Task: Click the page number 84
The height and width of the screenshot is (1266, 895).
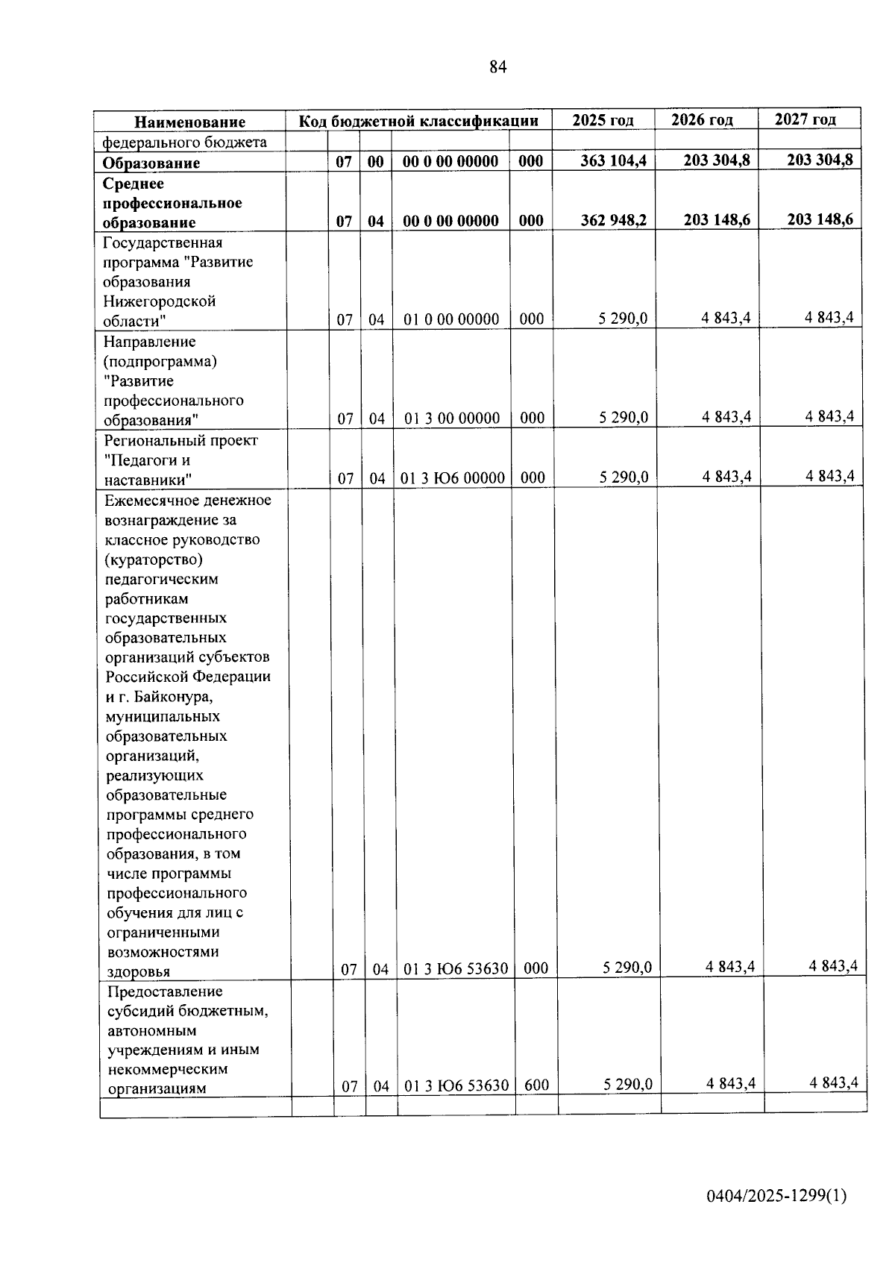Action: (498, 67)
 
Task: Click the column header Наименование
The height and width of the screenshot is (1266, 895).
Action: (189, 122)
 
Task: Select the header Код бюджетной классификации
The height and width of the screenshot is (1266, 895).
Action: (418, 121)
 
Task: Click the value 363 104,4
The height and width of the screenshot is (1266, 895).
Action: (614, 160)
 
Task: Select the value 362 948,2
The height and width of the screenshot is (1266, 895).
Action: (614, 220)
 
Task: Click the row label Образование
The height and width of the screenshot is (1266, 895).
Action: (151, 163)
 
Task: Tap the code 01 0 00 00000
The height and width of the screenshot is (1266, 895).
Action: (451, 319)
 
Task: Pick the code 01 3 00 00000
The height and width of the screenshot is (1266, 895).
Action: (452, 419)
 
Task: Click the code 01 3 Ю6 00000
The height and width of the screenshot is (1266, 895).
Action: (453, 477)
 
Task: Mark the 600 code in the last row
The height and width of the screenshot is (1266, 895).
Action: (536, 1085)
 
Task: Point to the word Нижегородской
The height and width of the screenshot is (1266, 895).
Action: (160, 301)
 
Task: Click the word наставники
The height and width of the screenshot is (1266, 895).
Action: (148, 480)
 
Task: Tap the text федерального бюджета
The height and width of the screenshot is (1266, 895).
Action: (184, 142)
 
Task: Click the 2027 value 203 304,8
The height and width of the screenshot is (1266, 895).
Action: (820, 159)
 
